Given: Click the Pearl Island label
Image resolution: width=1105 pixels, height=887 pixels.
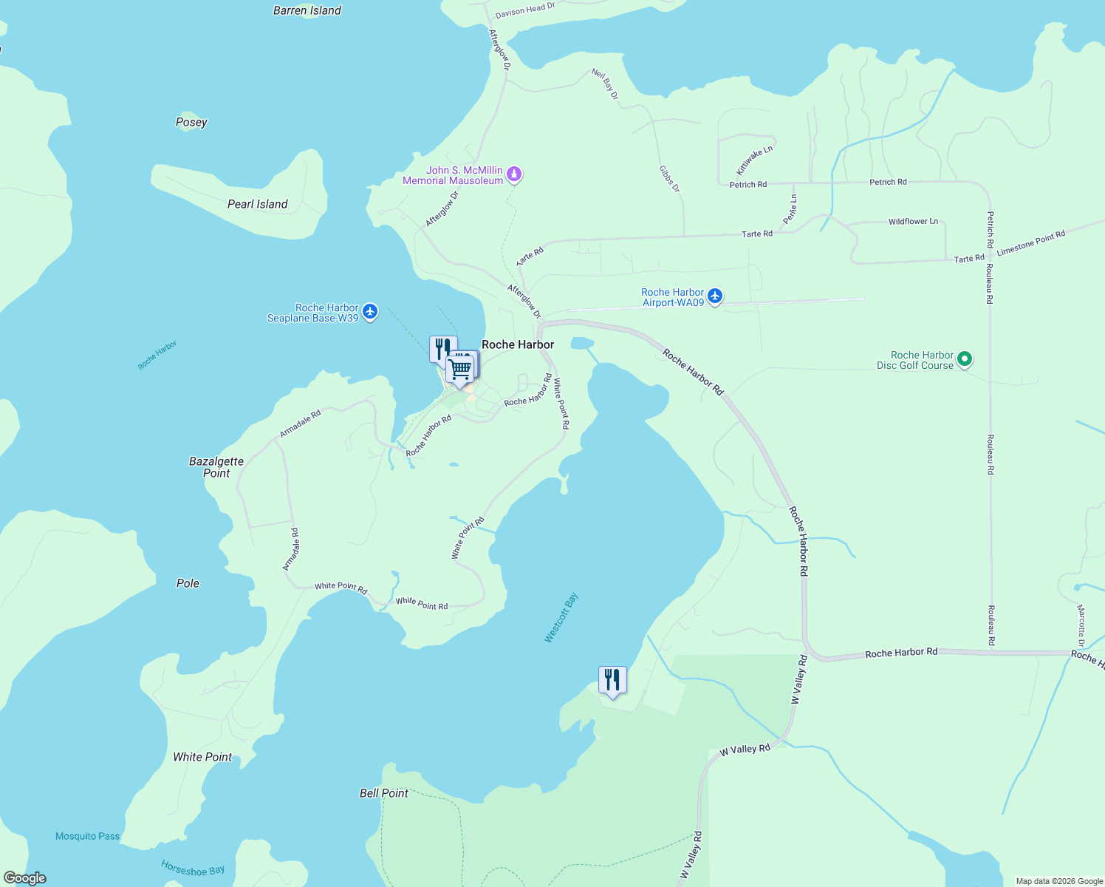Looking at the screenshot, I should (257, 204).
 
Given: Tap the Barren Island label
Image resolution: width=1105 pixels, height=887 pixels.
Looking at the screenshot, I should (307, 10).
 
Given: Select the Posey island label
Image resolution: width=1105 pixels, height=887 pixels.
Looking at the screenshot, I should (191, 122).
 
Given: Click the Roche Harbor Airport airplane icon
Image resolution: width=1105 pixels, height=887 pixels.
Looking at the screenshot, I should (714, 296).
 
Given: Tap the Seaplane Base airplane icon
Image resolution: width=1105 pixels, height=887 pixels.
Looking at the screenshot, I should (370, 312).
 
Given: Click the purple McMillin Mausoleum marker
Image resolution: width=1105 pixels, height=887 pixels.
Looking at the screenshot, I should (514, 174).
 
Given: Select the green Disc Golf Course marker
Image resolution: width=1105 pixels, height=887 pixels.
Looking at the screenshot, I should (964, 359).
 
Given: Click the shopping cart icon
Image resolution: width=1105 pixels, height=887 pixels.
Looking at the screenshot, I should (460, 367).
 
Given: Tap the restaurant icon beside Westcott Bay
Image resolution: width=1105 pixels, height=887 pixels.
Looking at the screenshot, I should (612, 679).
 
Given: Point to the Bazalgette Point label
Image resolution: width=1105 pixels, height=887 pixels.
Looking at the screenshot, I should (216, 467).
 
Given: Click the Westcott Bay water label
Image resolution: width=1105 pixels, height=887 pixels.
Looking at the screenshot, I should (561, 618).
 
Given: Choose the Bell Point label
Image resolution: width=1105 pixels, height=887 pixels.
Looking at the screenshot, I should (383, 793).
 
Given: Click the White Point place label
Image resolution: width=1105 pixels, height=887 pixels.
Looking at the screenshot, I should (202, 757).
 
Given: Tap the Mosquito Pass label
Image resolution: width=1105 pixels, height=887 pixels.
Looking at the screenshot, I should (87, 836).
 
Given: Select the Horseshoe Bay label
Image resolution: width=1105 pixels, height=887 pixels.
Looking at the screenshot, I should (193, 869).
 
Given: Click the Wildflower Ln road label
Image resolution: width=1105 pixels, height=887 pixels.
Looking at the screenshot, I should (913, 222).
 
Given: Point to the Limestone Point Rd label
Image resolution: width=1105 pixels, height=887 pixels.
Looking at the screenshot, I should (1030, 243).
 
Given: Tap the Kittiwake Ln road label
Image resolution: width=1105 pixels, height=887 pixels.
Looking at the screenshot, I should (754, 160).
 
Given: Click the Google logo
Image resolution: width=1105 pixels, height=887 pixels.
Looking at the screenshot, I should (25, 878).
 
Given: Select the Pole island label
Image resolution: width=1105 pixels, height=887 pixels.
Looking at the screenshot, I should (188, 583).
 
